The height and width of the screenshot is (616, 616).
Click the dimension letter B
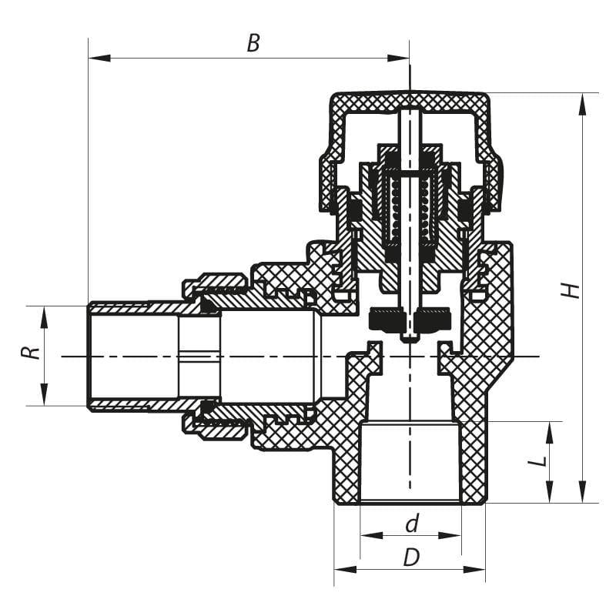(x=253, y=42)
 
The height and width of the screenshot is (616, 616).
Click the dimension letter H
(x=570, y=290)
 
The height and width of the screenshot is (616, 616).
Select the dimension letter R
(x=29, y=353)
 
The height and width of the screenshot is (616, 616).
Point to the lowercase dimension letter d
(x=412, y=524)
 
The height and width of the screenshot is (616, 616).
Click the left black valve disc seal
(x=387, y=319)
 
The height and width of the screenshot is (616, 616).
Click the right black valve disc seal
(x=431, y=319)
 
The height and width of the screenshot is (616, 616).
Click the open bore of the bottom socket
(x=410, y=462)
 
